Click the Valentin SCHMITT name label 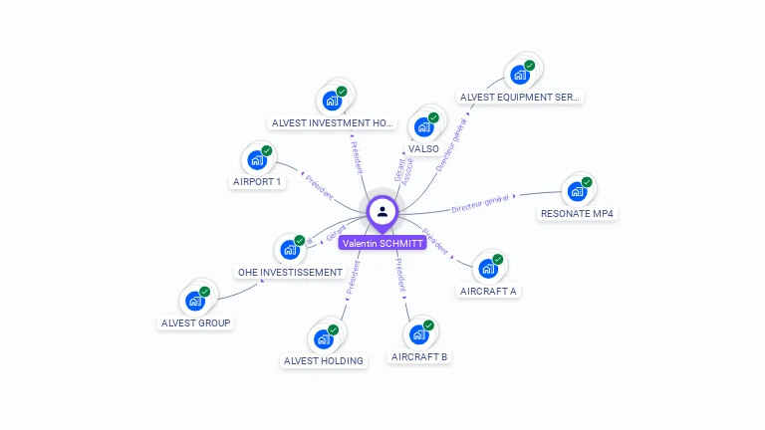[x=382, y=243]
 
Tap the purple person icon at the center [x=382, y=211]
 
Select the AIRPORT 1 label [x=257, y=182]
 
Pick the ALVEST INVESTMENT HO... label [x=333, y=123]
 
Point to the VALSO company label [x=423, y=148]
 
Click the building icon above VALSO [x=424, y=126]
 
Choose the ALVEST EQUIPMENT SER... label [x=520, y=98]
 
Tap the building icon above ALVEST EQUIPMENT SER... [x=520, y=74]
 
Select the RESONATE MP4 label [x=578, y=214]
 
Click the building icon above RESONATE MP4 [x=578, y=191]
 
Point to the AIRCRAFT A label [x=488, y=292]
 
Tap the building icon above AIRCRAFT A [x=488, y=268]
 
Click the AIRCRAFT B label [x=419, y=356]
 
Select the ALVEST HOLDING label [x=324, y=360]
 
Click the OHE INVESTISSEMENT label [x=290, y=272]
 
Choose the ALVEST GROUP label [x=196, y=322]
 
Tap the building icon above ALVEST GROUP [x=195, y=300]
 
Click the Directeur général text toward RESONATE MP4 [x=480, y=204]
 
